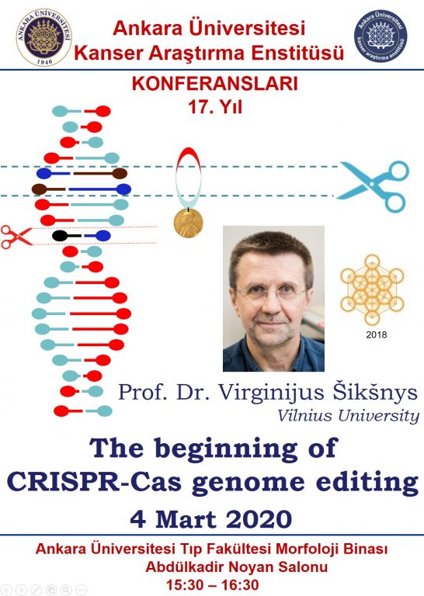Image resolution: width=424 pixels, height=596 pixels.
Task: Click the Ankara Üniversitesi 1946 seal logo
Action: [x=43, y=37]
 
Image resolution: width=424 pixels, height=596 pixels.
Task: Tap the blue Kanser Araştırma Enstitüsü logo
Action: [x=381, y=36]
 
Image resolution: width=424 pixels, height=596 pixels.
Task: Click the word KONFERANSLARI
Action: [x=215, y=84]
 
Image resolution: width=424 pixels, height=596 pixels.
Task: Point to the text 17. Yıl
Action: [x=215, y=107]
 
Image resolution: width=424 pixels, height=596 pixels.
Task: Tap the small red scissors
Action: [x=16, y=237]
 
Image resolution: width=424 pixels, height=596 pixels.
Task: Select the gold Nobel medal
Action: [x=188, y=223]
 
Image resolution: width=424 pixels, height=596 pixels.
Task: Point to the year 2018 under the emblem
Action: [x=376, y=335]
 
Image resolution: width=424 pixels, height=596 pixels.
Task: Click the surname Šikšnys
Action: [x=375, y=393]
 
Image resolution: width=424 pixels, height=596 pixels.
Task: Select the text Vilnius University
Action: [x=349, y=415]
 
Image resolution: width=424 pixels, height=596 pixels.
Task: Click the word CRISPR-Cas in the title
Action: [x=94, y=482]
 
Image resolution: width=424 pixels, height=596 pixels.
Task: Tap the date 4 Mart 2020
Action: [x=211, y=519]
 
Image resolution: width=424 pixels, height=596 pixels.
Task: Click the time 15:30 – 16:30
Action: [x=213, y=585]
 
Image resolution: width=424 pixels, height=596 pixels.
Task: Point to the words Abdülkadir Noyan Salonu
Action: [x=237, y=567]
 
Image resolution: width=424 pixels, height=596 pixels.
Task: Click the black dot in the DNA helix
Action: [x=60, y=236]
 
